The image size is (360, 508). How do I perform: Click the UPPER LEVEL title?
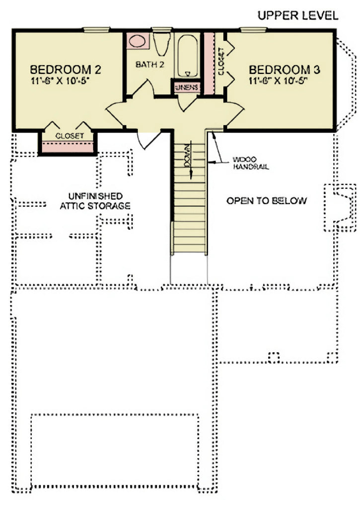298,16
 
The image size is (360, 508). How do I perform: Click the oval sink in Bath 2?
136,41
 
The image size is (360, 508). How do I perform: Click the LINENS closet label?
187,87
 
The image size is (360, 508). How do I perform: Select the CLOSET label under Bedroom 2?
69,135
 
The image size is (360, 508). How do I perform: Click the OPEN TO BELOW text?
267,201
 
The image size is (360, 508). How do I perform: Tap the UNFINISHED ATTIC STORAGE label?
95,201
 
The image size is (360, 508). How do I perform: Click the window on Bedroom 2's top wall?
96,29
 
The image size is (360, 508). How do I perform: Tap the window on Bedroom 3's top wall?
253,29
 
